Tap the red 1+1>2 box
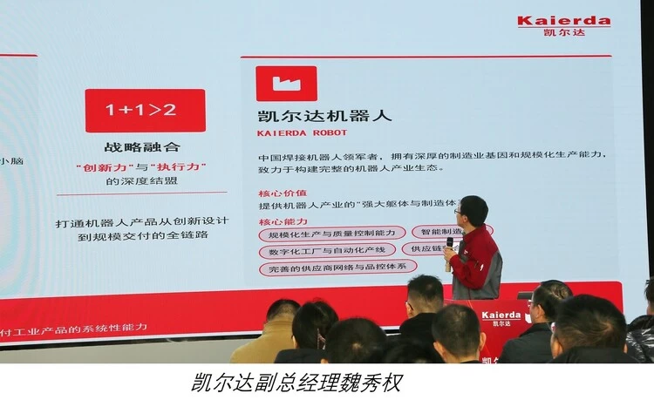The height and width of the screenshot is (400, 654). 145,110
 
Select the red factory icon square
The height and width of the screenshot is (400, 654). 286,83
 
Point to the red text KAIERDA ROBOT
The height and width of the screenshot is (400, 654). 302,133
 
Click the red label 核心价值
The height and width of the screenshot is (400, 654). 282,192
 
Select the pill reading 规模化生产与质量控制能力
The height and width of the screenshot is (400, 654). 331,234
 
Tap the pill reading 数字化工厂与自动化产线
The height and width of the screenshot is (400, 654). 326,251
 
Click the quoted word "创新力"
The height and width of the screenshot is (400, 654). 97,165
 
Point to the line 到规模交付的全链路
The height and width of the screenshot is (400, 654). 146,236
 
